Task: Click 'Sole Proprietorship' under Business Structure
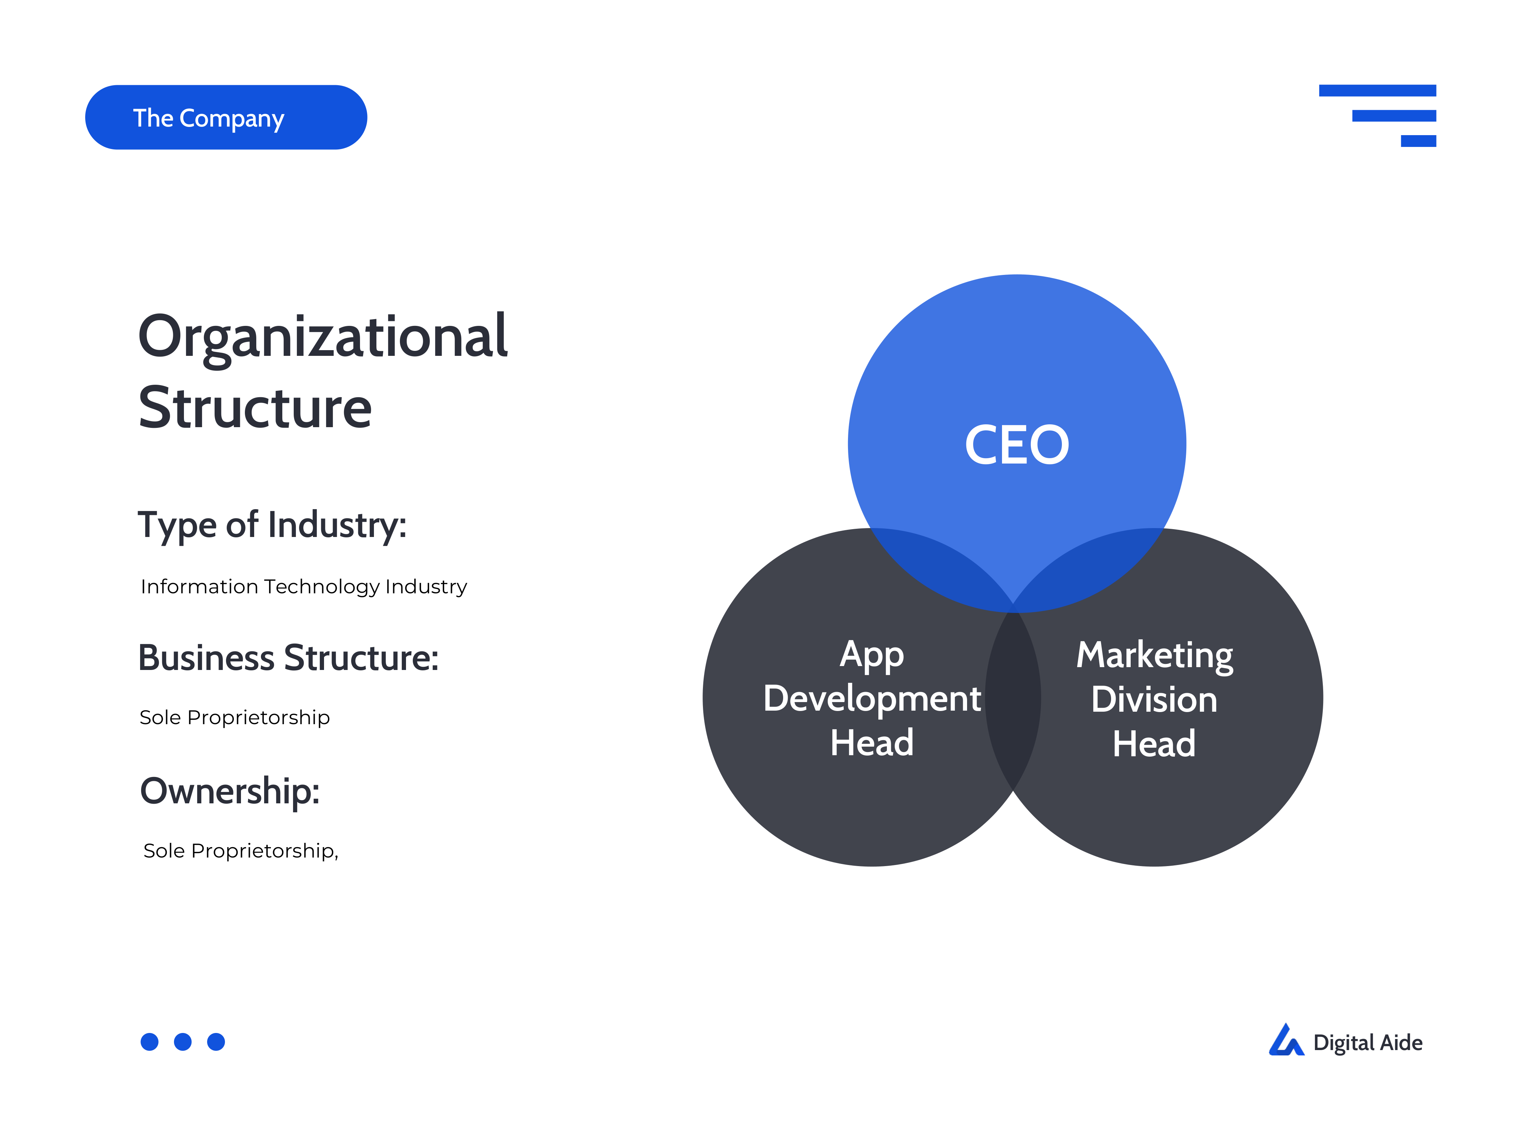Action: click(235, 717)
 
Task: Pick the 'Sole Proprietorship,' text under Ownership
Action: click(241, 851)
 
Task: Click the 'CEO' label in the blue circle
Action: click(1017, 445)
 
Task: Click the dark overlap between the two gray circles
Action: click(1013, 698)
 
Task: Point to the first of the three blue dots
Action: click(149, 1042)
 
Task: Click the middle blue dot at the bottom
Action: click(183, 1042)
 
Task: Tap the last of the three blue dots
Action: click(216, 1042)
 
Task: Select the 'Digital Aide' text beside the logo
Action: click(1368, 1043)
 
